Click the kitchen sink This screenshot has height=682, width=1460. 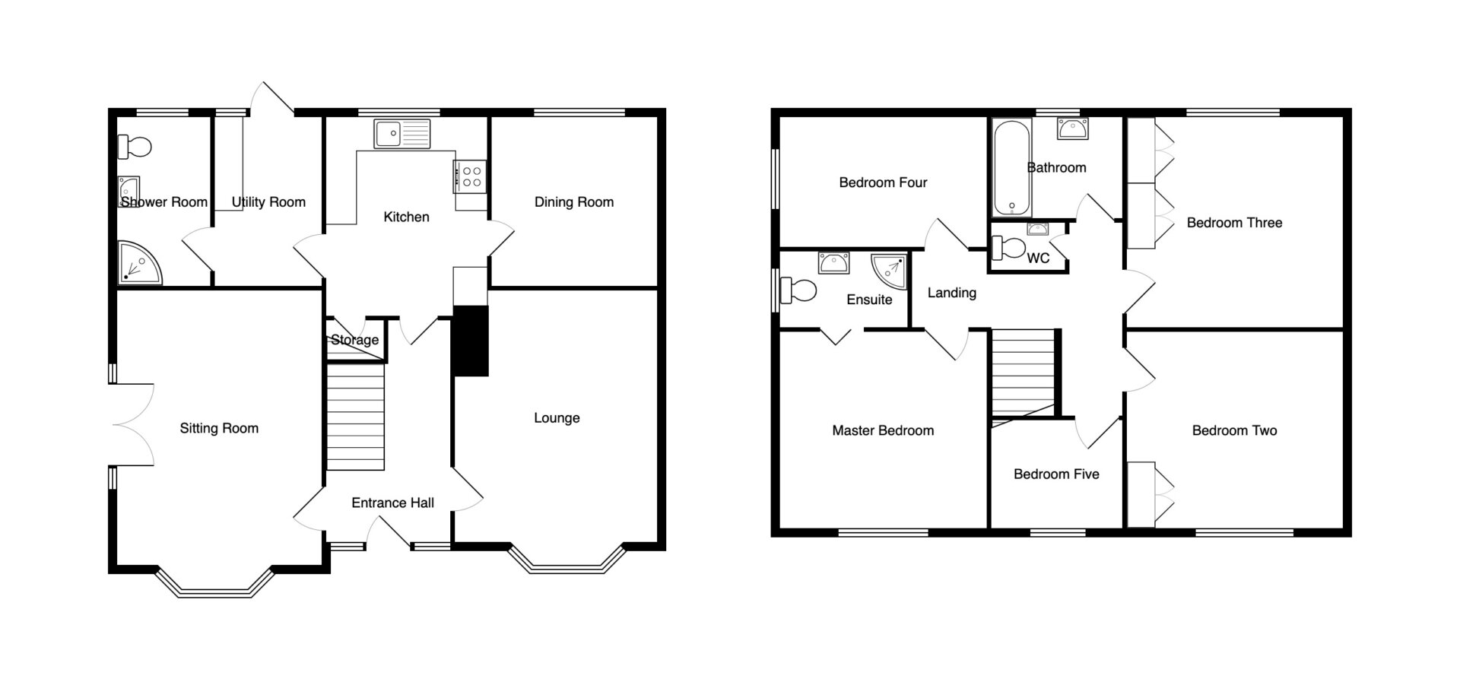tap(401, 134)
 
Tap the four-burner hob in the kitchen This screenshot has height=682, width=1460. tap(471, 176)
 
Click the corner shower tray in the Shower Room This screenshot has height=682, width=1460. tap(139, 263)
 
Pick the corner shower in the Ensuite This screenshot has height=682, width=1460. tap(888, 272)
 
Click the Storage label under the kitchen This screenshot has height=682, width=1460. tap(354, 340)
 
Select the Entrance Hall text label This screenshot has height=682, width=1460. tap(393, 503)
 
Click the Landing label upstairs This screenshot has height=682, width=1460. tap(952, 293)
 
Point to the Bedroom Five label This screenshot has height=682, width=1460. tap(1056, 474)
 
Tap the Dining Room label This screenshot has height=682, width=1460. tap(574, 202)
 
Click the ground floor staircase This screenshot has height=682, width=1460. tap(355, 417)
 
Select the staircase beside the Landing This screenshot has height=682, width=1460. tap(1024, 373)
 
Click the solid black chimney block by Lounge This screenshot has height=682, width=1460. tap(470, 341)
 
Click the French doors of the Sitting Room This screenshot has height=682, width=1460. tap(132, 424)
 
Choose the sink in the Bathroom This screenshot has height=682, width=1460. tap(1072, 129)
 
